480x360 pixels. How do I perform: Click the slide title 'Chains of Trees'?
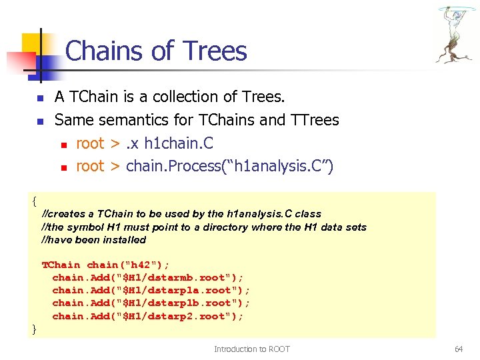(x=156, y=51)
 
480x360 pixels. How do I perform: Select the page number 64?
(x=458, y=349)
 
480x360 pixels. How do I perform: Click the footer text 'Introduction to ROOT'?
(x=251, y=349)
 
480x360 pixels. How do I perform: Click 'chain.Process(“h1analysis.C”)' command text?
(x=229, y=166)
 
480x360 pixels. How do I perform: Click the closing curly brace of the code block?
(x=34, y=328)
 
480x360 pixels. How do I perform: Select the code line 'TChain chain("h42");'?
(x=105, y=265)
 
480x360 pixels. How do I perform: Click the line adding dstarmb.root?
(x=148, y=277)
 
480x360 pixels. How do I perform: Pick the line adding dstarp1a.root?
(x=151, y=290)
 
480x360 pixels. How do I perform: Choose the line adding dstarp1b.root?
(x=151, y=303)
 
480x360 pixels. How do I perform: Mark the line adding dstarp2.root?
(x=148, y=316)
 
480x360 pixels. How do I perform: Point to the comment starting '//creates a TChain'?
(x=181, y=214)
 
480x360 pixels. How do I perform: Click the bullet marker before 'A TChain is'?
(x=39, y=99)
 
